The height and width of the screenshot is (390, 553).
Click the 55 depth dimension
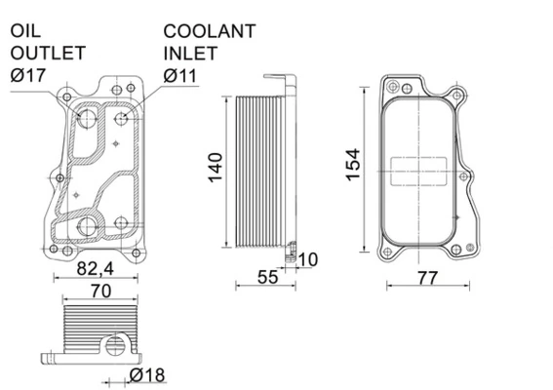(x=268, y=277)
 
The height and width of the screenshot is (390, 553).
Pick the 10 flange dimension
(x=308, y=258)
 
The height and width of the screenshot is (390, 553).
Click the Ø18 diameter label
(x=144, y=375)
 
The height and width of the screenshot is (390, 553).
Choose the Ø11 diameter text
(x=182, y=74)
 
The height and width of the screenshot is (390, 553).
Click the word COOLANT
(x=210, y=31)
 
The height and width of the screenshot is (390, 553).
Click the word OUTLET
(x=47, y=53)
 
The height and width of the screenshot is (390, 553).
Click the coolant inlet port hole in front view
(x=123, y=120)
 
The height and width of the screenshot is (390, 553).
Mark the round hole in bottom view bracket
(x=115, y=345)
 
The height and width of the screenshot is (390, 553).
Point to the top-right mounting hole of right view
(x=457, y=94)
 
